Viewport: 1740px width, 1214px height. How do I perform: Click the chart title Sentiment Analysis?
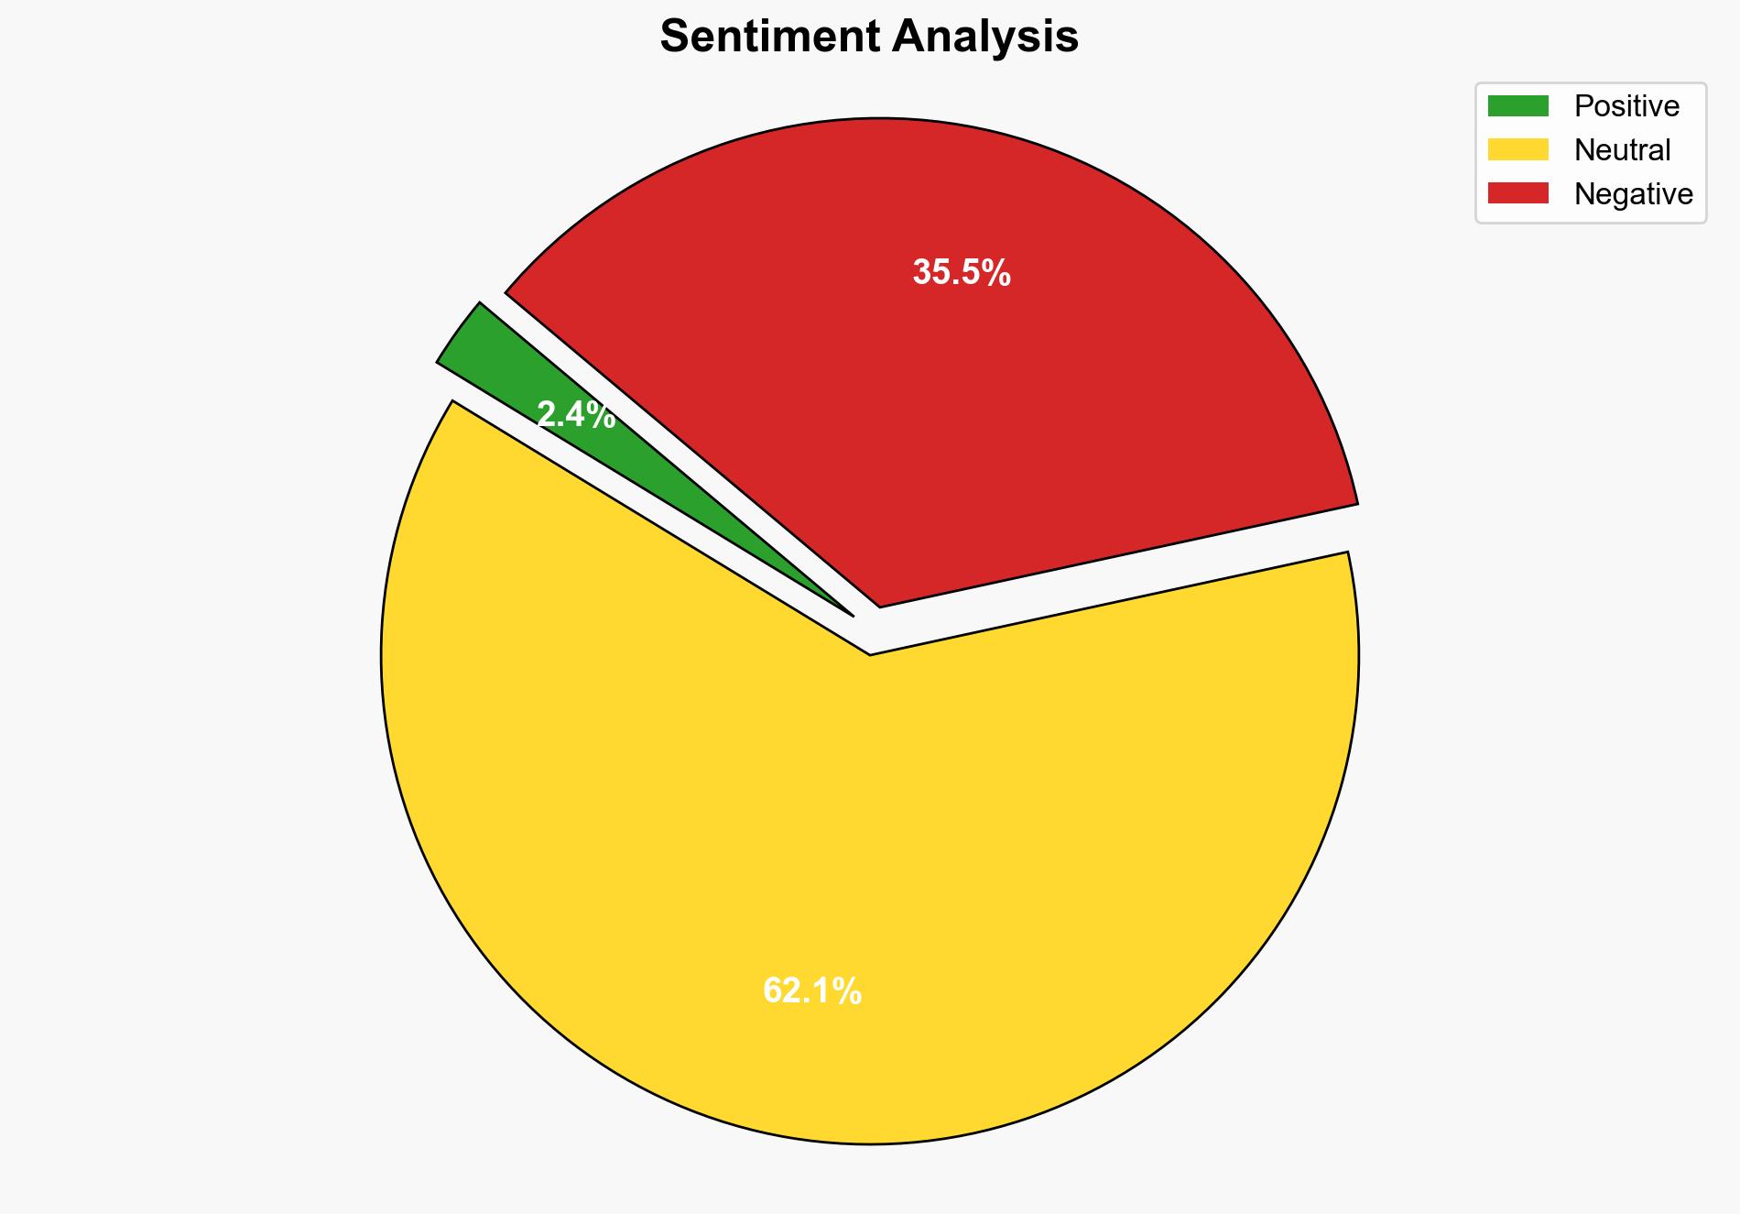869,38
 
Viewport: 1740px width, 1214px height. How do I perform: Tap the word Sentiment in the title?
770,38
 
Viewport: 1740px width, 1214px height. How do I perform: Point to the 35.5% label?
962,273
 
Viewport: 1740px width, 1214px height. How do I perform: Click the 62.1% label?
812,991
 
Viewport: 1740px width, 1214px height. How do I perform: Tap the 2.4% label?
575,416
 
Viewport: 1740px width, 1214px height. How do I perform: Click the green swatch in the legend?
1517,106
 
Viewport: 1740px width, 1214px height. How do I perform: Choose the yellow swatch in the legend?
1517,149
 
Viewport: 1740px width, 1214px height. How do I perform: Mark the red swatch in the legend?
1517,193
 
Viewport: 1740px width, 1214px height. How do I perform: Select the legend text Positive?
1626,106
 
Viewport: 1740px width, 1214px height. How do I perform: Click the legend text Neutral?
1622,150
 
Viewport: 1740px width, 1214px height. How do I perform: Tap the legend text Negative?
1633,194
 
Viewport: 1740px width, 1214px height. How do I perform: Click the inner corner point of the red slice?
880,605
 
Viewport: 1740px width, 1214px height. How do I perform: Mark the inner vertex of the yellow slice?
870,653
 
